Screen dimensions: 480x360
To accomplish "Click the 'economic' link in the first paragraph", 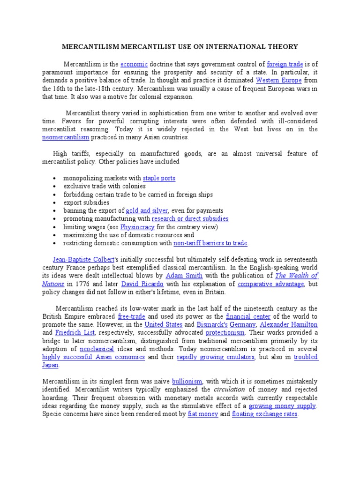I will tap(134, 64).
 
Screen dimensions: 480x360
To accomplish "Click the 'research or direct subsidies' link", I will tap(190, 218).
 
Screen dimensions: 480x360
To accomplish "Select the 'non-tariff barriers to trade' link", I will tap(210, 243).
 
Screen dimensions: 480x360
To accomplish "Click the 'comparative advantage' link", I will tap(271, 284).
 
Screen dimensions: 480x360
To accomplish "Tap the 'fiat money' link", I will tap(203, 414).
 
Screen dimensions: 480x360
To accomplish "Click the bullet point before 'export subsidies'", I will tap(55, 203).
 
